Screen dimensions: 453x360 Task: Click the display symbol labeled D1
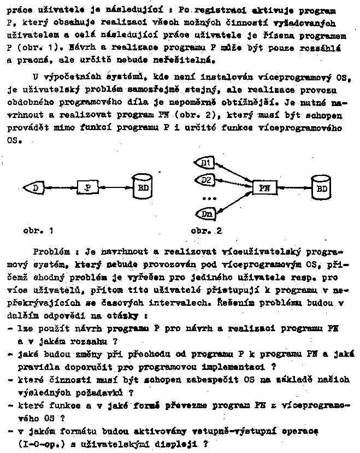[x=206, y=163]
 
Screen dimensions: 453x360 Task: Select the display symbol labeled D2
[x=206, y=179]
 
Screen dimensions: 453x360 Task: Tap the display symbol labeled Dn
[x=205, y=214]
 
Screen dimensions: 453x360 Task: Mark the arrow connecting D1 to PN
[x=234, y=173]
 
